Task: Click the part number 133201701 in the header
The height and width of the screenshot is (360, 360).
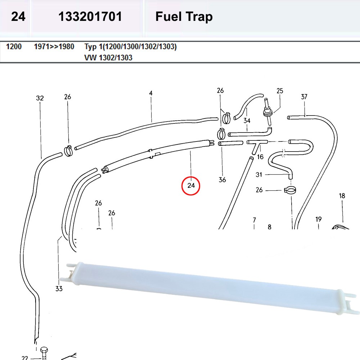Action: (90, 17)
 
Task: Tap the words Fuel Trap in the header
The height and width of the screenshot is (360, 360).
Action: (184, 17)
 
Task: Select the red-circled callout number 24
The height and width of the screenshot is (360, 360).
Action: (191, 186)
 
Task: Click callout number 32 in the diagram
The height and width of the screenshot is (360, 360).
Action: (40, 98)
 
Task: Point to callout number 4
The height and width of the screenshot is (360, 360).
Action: (151, 93)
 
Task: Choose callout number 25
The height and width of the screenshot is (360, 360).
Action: (280, 91)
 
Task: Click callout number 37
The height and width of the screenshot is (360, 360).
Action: (304, 96)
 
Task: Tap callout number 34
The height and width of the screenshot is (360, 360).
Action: (247, 120)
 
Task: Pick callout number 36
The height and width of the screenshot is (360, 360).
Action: (222, 179)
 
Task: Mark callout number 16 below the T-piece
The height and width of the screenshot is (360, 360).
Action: (260, 157)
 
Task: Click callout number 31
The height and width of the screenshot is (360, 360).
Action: (259, 175)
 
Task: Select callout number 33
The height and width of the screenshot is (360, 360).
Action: (59, 288)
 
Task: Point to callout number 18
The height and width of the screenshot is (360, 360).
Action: (342, 196)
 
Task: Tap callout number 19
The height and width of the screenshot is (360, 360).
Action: (318, 219)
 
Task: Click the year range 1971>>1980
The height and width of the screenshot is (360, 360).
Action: (54, 47)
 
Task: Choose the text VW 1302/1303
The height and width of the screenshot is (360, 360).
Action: (108, 58)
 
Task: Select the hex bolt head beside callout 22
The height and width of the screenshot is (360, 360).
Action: (44, 351)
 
